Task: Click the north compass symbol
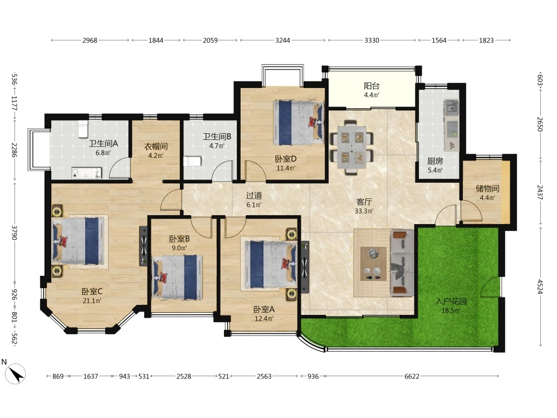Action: (16, 373)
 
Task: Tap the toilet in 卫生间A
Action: (83, 129)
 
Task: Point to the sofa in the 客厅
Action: (402, 263)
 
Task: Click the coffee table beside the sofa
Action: (373, 264)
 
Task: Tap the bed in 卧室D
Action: (299, 123)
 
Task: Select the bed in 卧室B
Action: (177, 277)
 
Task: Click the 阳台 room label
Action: (372, 86)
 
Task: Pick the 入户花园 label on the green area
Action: (451, 302)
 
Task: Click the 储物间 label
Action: (487, 189)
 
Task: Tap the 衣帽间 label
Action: (156, 147)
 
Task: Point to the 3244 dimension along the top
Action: (283, 41)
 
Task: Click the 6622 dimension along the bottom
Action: (412, 376)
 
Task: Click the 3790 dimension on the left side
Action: (14, 232)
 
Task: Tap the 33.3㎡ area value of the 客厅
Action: (364, 211)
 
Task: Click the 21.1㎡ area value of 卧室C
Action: (92, 301)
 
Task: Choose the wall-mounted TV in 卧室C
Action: (144, 246)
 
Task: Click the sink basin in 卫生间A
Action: (87, 173)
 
